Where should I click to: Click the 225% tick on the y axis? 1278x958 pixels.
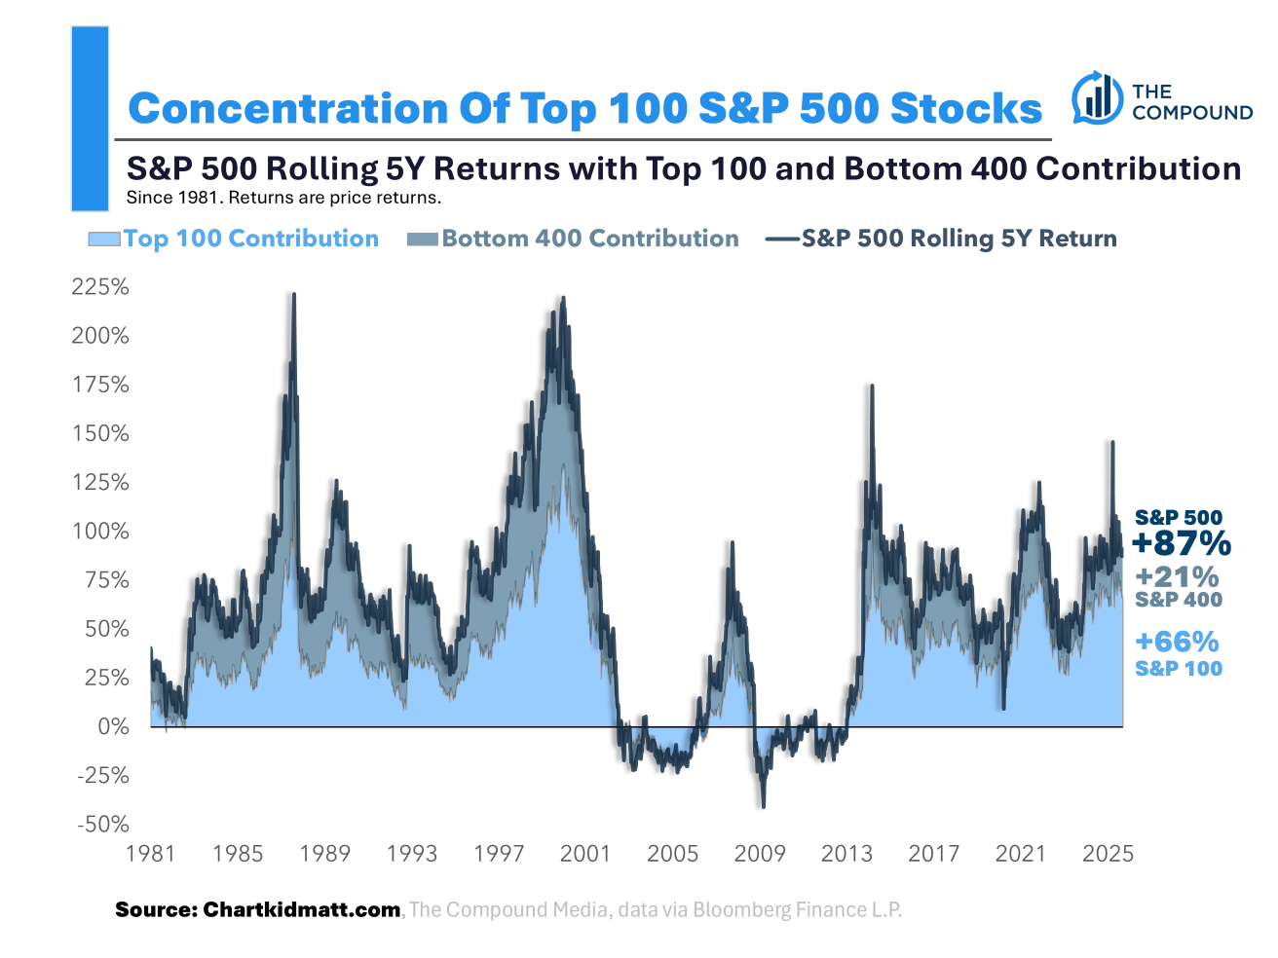[100, 287]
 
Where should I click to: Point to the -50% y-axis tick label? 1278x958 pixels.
[102, 825]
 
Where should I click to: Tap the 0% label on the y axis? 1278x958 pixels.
[113, 726]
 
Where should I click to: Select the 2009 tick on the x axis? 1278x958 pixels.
[760, 854]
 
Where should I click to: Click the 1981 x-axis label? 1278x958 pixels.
[151, 854]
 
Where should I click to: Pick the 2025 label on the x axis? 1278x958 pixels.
[1108, 854]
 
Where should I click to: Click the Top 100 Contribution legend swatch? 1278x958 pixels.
[104, 239]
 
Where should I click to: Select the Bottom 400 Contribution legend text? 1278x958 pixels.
[589, 239]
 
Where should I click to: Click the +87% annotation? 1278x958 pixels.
[1182, 543]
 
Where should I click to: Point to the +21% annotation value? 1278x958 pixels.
[1177, 577]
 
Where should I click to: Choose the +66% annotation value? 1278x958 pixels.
[1177, 642]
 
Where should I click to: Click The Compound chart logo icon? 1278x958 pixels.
[1097, 97]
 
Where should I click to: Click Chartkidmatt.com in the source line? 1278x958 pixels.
[301, 909]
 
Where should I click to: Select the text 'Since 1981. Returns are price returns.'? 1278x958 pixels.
[283, 198]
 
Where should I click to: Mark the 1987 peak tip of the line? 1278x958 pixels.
[293, 294]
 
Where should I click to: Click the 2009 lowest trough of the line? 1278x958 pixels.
[763, 806]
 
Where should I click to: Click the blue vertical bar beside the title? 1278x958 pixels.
[90, 119]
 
